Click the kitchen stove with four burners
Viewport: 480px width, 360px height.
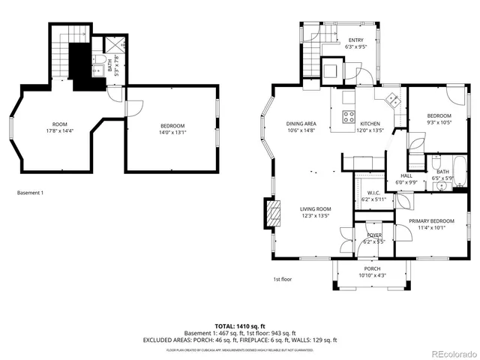(349, 115)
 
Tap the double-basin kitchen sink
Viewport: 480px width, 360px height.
(391, 98)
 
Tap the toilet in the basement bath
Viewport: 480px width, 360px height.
(100, 61)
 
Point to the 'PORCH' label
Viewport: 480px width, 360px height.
(372, 268)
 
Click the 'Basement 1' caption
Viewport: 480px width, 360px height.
(30, 193)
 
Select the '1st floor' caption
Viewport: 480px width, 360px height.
(282, 280)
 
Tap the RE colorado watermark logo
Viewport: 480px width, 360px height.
(451, 353)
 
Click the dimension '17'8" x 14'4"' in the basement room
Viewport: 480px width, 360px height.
(59, 131)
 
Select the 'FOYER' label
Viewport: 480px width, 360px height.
(373, 235)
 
